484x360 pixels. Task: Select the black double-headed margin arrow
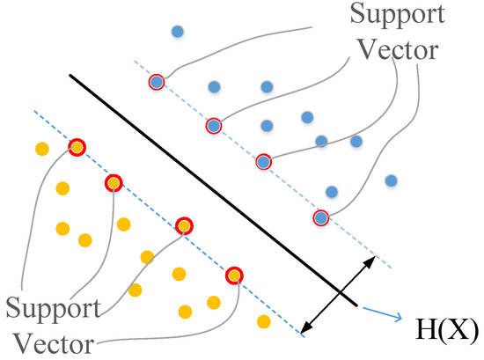[338, 296]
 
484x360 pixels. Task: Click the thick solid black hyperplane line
[211, 189]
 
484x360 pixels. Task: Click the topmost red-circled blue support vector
[157, 82]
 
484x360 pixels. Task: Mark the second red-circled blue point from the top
[213, 126]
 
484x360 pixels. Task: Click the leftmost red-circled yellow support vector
[77, 147]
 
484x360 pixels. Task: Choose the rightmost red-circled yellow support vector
[233, 275]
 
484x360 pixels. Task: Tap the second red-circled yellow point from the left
[114, 183]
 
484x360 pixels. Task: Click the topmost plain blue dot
[178, 32]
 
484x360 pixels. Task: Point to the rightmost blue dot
[391, 180]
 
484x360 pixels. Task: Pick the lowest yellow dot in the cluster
[261, 319]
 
